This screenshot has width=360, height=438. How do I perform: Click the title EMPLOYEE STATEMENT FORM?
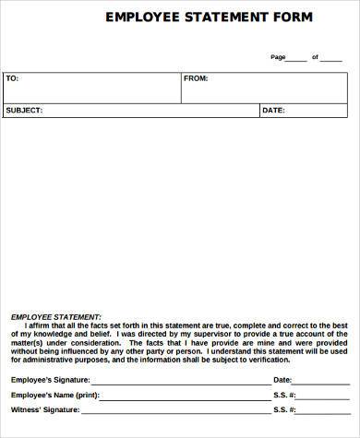click(x=209, y=17)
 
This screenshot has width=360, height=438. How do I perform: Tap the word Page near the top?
click(x=278, y=57)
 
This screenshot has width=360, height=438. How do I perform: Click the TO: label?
click(x=12, y=78)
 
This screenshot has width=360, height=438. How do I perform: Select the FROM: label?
click(x=196, y=78)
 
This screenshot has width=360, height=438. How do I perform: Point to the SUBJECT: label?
click(x=24, y=111)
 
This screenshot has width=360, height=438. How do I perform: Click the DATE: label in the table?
click(x=273, y=111)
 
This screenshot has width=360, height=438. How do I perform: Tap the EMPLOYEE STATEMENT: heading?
click(x=56, y=315)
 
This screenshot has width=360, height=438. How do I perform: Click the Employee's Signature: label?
click(x=48, y=380)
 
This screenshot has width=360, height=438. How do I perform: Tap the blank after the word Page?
click(x=296, y=58)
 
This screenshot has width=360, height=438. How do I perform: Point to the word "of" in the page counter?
click(x=315, y=57)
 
